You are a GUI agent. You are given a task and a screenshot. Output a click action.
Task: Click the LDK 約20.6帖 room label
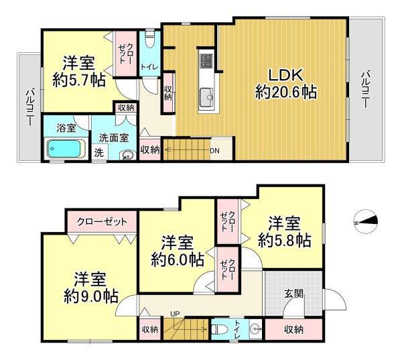pos(286,84)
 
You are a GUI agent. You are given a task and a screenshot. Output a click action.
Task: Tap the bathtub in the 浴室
pos(66,149)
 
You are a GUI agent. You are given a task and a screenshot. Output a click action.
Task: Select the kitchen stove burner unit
pos(206,61)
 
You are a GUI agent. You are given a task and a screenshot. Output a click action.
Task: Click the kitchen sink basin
pos(206,97)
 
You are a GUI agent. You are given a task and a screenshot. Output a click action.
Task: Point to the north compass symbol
pos(365,221)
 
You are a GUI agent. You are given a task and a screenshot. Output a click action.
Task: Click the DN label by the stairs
pos(214,151)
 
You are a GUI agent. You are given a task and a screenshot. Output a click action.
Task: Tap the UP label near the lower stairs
pos(176,314)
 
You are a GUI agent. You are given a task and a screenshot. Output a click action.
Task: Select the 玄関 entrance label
pos(294,293)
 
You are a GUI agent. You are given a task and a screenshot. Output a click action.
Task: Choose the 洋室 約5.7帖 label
pos(79,72)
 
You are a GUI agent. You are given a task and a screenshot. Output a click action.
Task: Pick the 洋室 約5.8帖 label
pos(284,232)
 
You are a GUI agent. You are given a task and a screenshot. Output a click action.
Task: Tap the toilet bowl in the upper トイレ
pos(149,39)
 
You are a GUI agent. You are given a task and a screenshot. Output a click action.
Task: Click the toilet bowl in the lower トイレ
pos(220,329)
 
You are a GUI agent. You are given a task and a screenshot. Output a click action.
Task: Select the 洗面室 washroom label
pos(114,138)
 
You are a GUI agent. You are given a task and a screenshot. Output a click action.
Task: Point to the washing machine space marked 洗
pos(99,153)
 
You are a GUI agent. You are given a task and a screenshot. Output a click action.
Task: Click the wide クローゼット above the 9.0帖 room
pos(102,222)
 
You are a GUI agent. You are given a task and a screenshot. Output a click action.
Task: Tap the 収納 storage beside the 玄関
pos(293,329)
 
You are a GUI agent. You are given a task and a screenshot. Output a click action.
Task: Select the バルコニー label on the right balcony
pos(365,90)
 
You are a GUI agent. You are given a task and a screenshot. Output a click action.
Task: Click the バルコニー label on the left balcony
pos(30,107)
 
